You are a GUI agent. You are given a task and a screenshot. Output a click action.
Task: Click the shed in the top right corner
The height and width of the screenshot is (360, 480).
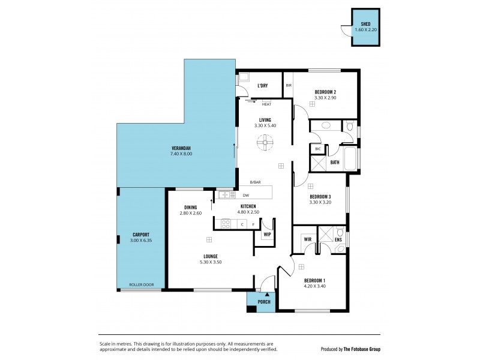365,28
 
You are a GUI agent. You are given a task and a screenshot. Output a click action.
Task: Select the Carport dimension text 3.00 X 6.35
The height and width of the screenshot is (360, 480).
141,241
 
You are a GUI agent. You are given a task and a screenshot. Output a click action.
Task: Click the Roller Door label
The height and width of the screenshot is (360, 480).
141,285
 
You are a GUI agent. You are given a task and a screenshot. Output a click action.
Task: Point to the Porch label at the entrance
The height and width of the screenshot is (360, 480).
264,302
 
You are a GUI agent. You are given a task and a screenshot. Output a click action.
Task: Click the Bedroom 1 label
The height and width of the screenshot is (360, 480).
315,281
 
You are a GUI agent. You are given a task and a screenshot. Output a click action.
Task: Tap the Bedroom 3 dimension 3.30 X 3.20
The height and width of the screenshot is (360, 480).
320,203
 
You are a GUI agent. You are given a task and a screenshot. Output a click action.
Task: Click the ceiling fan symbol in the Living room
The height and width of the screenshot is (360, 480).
264,143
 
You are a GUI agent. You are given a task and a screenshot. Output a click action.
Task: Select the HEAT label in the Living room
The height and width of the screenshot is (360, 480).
266,104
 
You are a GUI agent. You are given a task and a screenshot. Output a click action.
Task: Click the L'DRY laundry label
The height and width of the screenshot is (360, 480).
262,86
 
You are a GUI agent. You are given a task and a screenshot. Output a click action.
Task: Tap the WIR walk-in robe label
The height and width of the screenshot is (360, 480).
308,239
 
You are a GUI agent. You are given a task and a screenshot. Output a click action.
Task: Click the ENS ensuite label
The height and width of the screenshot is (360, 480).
338,240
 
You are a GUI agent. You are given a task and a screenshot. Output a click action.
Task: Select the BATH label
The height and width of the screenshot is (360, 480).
334,162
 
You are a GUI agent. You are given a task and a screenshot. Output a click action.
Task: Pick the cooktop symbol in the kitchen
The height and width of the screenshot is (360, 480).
226,224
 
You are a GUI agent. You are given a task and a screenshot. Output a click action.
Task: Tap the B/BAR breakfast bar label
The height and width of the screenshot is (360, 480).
256,182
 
